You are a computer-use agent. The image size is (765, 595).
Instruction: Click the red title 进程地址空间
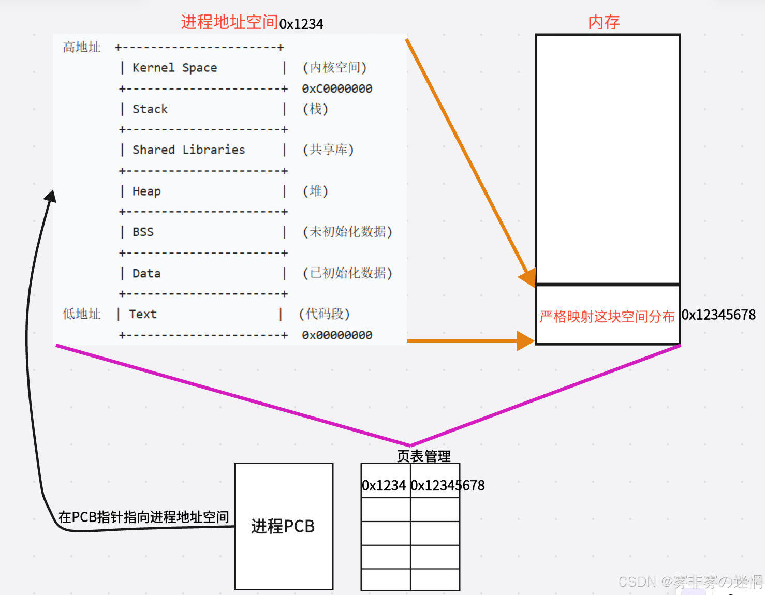click(229, 22)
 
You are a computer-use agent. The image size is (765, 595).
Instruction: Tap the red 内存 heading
click(604, 22)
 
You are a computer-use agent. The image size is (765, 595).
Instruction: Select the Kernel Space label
click(174, 68)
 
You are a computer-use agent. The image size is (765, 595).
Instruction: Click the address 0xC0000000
click(337, 88)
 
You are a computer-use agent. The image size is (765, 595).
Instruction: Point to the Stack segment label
click(150, 109)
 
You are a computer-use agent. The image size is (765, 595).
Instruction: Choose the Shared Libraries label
click(188, 150)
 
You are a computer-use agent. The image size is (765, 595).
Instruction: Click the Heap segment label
click(146, 191)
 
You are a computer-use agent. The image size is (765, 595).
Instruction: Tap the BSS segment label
click(143, 232)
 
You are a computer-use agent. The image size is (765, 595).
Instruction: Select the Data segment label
click(146, 273)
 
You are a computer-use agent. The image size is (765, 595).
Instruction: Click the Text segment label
click(143, 314)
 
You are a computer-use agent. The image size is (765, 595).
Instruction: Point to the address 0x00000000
click(337, 335)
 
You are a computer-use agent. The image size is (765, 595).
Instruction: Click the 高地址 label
click(82, 47)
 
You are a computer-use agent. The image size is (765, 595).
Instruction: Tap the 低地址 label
click(82, 314)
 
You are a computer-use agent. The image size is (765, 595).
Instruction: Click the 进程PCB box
click(284, 526)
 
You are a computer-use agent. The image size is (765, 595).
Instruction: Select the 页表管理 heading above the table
click(423, 456)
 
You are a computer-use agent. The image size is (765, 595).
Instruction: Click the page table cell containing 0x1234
click(384, 485)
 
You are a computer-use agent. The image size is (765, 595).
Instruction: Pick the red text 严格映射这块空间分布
click(607, 316)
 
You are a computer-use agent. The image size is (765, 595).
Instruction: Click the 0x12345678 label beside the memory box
click(718, 315)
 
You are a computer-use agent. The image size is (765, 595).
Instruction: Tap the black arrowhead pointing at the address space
click(51, 196)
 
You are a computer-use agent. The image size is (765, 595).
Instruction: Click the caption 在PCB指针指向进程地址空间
click(143, 516)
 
